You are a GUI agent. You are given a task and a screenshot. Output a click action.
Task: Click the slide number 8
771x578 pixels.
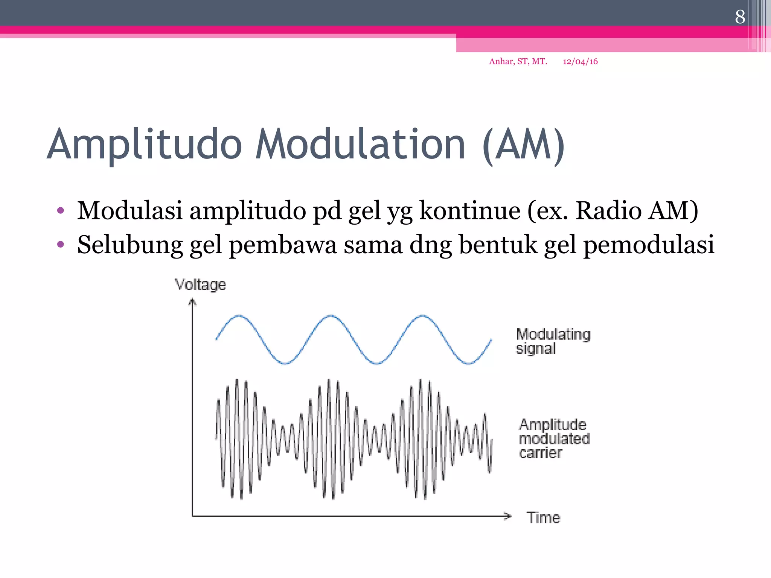740,17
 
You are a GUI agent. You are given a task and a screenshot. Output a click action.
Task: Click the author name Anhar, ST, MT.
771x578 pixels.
518,61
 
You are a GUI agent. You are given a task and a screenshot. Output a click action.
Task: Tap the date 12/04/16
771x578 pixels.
580,61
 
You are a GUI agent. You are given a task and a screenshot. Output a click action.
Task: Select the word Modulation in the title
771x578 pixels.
360,144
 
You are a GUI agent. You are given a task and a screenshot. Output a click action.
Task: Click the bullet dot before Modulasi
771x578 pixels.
61,210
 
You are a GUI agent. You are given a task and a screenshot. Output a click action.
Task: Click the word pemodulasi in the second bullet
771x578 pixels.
648,245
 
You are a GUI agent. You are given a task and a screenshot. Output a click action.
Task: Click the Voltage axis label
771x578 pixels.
201,284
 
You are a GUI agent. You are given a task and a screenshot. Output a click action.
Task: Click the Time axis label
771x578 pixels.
543,518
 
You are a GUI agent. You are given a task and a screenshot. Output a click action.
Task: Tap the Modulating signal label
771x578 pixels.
553,341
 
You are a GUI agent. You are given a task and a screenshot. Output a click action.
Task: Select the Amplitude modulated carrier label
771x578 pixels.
554,439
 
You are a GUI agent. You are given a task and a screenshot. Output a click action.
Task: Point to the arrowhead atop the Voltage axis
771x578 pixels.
192,301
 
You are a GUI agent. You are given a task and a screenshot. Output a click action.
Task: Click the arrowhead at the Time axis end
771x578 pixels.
508,516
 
